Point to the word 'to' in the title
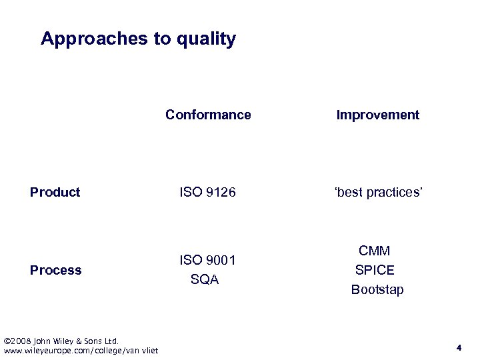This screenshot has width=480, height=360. tap(163, 39)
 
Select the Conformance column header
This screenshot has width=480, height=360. tap(208, 115)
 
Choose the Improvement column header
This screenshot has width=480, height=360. tap(377, 115)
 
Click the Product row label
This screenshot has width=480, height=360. tap(55, 192)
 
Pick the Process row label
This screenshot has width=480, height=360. tap(56, 270)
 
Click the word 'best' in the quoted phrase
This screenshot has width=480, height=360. tap(347, 192)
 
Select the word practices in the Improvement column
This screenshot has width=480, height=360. tap(392, 192)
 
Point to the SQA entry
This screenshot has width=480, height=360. tap(205, 280)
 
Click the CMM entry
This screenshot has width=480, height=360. tap(375, 251)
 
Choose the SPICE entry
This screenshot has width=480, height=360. tap(375, 270)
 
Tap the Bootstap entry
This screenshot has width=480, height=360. tap(377, 289)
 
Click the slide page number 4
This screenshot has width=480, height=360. tap(459, 347)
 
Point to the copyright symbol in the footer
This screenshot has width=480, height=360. tap(7, 341)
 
